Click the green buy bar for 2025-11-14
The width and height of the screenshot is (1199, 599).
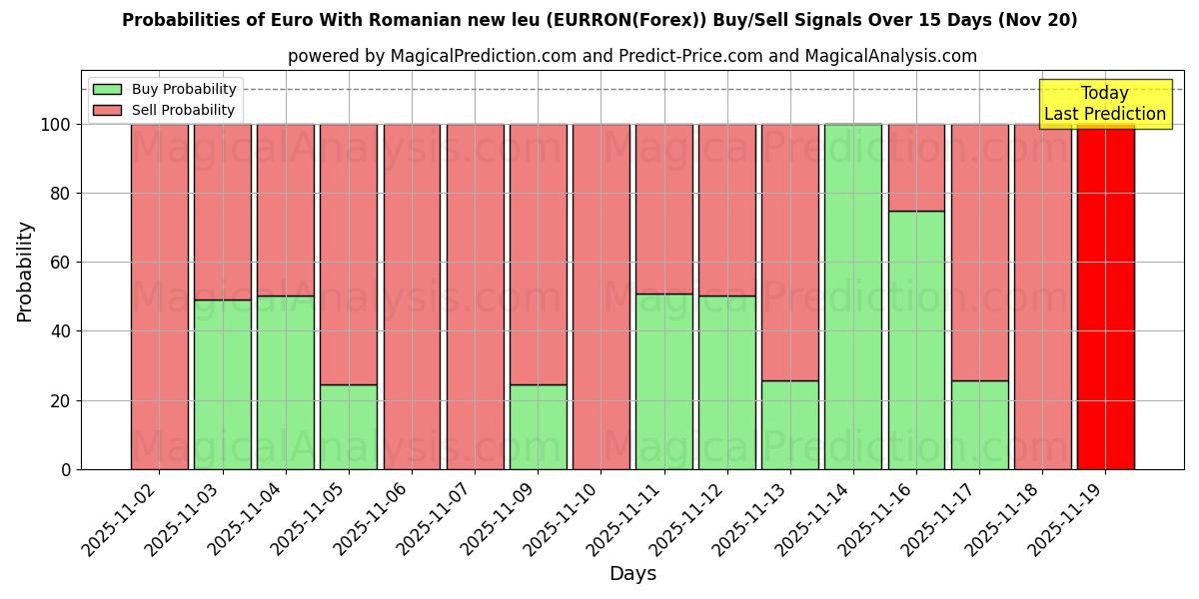pyautogui.click(x=853, y=297)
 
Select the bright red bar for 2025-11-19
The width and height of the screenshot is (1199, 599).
pyautogui.click(x=1105, y=297)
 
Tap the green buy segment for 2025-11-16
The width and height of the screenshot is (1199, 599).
pyautogui.click(x=916, y=339)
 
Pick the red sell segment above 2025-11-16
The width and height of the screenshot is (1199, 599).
pyautogui.click(x=916, y=167)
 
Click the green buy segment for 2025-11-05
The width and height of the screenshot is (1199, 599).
pyautogui.click(x=349, y=426)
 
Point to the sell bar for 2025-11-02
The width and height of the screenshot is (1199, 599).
pyautogui.click(x=160, y=297)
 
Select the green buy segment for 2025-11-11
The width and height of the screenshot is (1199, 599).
pyautogui.click(x=663, y=381)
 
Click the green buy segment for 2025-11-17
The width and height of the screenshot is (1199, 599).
pyautogui.click(x=979, y=424)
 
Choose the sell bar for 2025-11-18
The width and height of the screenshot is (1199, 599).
pyautogui.click(x=1042, y=297)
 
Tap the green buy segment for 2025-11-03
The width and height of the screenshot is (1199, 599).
pyautogui.click(x=223, y=384)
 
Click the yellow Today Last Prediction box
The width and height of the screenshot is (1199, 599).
pyautogui.click(x=1105, y=104)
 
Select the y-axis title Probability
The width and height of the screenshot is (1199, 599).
pyautogui.click(x=25, y=272)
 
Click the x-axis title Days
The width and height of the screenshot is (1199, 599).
pyautogui.click(x=632, y=574)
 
